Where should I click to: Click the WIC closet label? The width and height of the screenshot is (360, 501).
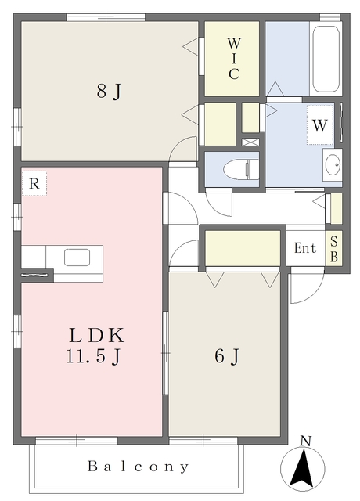pos(234,58)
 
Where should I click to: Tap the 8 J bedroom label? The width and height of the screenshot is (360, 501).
pos(109,91)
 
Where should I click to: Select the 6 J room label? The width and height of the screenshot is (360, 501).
pos(227,356)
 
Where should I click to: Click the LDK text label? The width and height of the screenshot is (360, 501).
pos(96,335)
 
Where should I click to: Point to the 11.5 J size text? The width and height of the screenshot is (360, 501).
pos(94,355)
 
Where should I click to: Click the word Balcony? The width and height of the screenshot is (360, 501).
pos(138,467)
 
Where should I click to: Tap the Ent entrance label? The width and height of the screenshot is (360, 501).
pos(305,248)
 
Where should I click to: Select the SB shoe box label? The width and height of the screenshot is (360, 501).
pos(334,249)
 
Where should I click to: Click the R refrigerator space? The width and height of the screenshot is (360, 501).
pos(34,183)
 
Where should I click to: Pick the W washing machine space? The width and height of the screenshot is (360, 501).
pos(320,125)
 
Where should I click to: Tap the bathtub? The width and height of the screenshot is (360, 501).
pos(326,59)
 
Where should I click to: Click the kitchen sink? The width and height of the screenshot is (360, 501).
pos(77,258)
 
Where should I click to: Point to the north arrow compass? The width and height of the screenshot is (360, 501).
pos(303,469)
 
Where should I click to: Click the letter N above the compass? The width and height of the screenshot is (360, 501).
pos(306,441)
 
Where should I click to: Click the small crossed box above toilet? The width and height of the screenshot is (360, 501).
pos(250,142)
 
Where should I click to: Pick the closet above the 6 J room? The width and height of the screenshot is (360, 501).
pos(243,248)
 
